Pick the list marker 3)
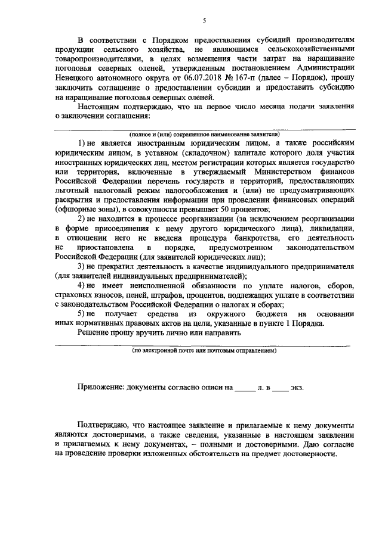[83, 265]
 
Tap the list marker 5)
[83, 314]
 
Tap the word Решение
[94, 334]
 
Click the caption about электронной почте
[204, 351]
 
